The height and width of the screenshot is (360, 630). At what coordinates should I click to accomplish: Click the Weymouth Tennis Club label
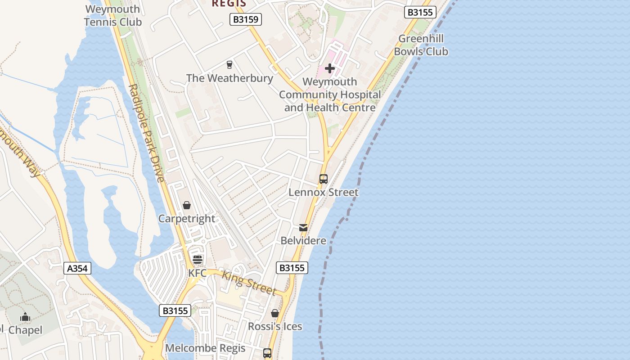click(113, 16)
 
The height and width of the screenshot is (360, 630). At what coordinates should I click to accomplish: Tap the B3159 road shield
click(245, 19)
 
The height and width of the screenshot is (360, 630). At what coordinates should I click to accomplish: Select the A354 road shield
click(78, 269)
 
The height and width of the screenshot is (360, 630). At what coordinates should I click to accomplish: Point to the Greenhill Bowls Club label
click(421, 45)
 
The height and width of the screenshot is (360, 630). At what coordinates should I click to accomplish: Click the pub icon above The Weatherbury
click(229, 65)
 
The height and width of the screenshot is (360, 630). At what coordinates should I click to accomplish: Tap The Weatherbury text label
click(229, 78)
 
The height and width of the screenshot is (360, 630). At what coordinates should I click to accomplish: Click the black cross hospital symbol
click(330, 68)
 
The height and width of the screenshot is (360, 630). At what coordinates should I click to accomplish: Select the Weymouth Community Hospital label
click(330, 95)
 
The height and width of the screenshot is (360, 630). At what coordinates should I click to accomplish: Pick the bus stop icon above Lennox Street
click(324, 179)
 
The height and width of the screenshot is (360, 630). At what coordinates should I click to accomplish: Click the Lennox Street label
click(324, 193)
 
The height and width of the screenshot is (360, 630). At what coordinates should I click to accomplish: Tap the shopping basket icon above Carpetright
click(187, 206)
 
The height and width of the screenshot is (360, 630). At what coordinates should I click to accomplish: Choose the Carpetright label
click(187, 219)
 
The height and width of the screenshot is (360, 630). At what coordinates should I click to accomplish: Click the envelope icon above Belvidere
click(303, 228)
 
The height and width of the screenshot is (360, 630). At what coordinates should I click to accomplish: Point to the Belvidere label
click(303, 241)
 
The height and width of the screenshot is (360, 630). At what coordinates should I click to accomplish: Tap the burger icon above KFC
click(198, 260)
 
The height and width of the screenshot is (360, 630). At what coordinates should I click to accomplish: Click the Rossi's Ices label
click(275, 327)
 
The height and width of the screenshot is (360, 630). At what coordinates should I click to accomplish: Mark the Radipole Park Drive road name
click(146, 133)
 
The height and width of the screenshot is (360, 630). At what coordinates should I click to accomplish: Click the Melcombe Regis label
click(205, 348)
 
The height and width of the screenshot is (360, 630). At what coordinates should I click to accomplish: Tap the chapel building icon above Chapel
click(25, 317)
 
